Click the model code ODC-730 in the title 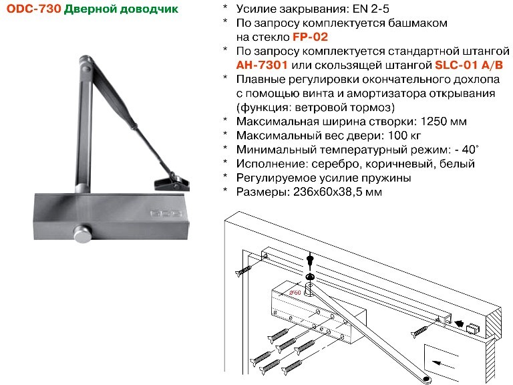point(33,9)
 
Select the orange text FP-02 point(310,37)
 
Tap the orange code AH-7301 point(262,65)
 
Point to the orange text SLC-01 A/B point(469,65)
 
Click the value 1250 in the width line point(434,122)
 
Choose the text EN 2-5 point(371,9)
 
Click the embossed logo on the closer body point(166,214)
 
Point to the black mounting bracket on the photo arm point(172,182)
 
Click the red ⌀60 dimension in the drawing point(295,293)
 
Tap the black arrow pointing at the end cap point(460,324)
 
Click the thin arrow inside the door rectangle point(443,364)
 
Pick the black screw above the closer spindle point(310,259)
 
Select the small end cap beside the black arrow point(473,328)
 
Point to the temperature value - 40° point(466,150)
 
